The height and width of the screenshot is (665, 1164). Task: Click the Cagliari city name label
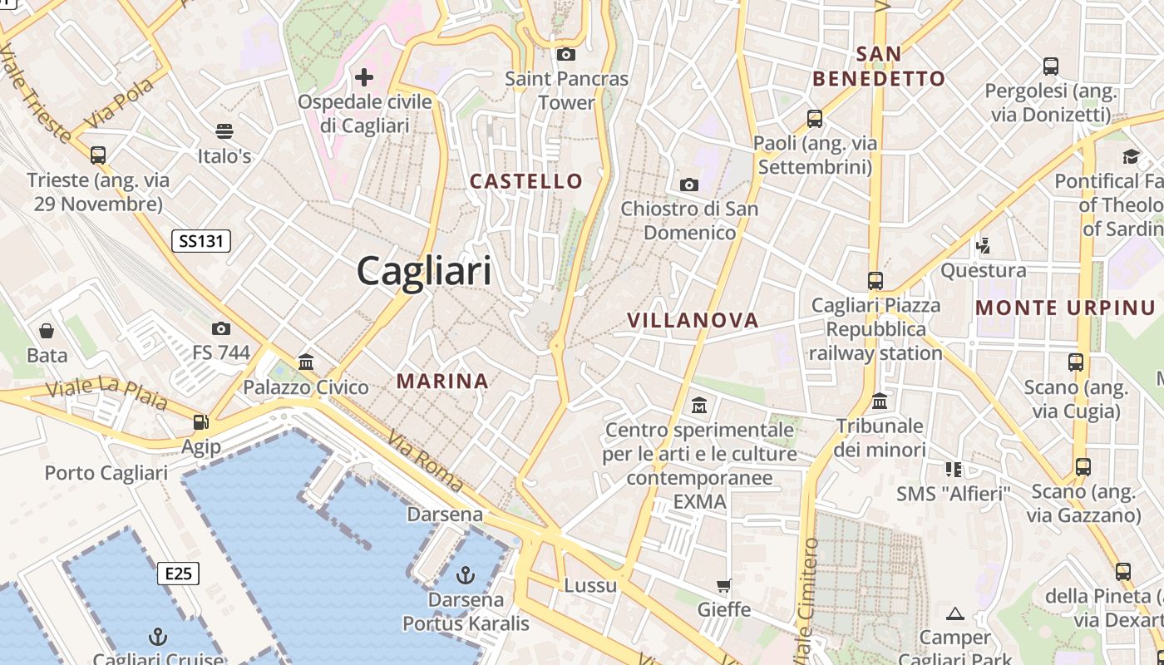click(x=424, y=271)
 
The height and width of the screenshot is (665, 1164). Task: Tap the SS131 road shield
click(x=200, y=241)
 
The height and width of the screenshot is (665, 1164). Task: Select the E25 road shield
click(x=178, y=573)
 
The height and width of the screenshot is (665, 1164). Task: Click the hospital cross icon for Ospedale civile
click(x=364, y=77)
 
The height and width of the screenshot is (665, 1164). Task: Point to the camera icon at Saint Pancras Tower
click(x=566, y=55)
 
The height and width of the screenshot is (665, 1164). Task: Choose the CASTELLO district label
click(x=526, y=181)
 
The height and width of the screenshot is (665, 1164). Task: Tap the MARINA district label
click(x=442, y=382)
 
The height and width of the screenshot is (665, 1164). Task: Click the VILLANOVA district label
click(x=693, y=320)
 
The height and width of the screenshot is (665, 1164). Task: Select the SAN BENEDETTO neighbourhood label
click(x=879, y=66)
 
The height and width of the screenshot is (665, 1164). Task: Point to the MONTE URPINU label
click(x=1065, y=308)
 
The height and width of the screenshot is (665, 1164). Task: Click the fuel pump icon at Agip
click(x=200, y=422)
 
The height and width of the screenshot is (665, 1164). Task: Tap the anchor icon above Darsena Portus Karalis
click(x=466, y=574)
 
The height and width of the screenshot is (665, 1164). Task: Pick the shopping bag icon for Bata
click(x=47, y=331)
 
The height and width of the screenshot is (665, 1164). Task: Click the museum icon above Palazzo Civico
click(x=306, y=362)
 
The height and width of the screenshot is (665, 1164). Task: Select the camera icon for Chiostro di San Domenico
click(x=689, y=185)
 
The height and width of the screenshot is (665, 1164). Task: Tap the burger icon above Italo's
click(x=224, y=131)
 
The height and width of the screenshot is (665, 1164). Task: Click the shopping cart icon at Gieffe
click(x=724, y=586)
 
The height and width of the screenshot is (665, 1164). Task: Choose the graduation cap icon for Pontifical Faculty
click(x=1131, y=156)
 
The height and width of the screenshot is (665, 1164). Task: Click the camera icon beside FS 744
click(x=221, y=328)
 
